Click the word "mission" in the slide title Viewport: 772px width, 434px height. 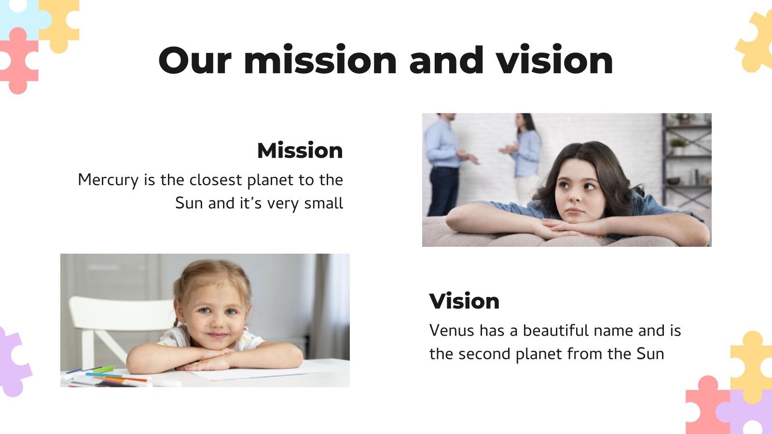point(320,61)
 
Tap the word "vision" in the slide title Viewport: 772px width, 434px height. point(555,61)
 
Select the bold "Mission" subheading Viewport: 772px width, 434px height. point(300,150)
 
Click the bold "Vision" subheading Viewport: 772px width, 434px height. point(464,301)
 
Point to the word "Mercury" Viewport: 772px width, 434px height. point(108,180)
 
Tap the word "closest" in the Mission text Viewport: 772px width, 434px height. point(215,180)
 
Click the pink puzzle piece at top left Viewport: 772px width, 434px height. point(18,60)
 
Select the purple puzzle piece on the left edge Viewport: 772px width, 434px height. point(12,362)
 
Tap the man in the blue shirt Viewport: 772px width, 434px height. point(443,159)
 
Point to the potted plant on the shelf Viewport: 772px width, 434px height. point(679,145)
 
